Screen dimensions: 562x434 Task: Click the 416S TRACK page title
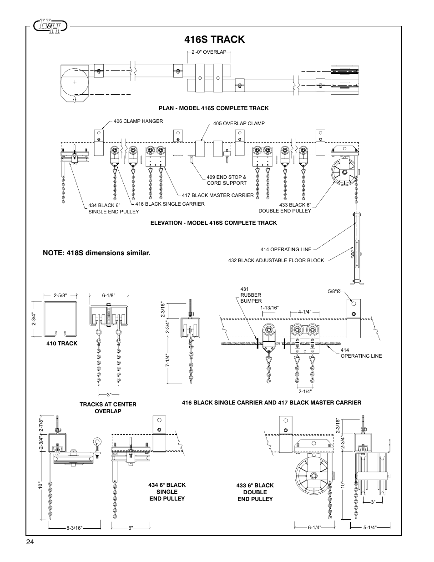[x=216, y=39]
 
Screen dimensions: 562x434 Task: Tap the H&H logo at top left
[x=50, y=26]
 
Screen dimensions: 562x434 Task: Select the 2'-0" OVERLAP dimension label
[x=209, y=52]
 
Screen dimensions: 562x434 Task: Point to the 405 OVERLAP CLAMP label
[x=239, y=123]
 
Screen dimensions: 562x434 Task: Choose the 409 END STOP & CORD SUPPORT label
[x=226, y=180]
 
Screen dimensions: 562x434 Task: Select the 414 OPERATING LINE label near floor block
[x=279, y=249]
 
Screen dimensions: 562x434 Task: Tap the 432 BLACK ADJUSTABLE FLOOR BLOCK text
[x=276, y=260]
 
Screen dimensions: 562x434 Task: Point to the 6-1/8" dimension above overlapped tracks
[x=109, y=295]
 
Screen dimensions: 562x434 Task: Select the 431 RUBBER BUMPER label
[x=251, y=295]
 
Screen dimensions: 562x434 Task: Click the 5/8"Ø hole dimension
[x=334, y=292]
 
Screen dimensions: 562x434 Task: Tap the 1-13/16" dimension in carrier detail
[x=269, y=308]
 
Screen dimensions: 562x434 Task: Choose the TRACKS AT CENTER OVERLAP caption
[x=108, y=408]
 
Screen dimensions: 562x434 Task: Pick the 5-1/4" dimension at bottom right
[x=370, y=528]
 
